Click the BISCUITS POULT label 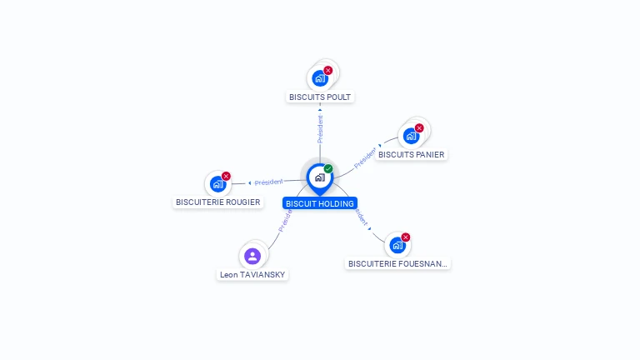[320, 97]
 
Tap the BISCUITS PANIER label [411, 154]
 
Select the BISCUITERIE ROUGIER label [217, 202]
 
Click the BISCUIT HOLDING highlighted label [320, 203]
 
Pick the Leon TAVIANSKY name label [252, 274]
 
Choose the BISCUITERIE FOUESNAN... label [397, 263]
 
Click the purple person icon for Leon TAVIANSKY [252, 256]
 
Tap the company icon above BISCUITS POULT [319, 78]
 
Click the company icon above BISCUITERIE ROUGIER [217, 183]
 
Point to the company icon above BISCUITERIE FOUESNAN [397, 245]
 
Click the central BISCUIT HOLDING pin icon [319, 177]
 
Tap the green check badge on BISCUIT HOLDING [328, 169]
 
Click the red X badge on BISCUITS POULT [328, 70]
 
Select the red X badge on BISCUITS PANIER [419, 127]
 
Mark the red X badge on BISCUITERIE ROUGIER [226, 176]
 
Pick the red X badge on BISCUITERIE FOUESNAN [406, 237]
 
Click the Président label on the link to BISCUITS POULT [320, 129]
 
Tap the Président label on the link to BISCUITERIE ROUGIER [269, 182]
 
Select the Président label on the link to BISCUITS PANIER [365, 158]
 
